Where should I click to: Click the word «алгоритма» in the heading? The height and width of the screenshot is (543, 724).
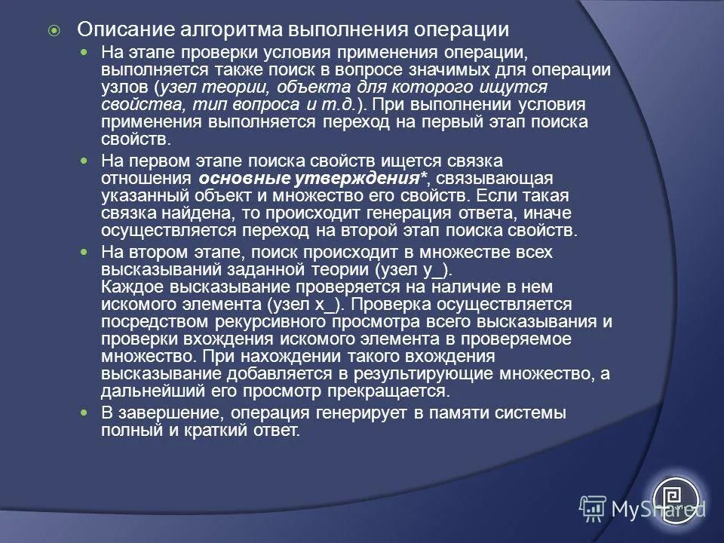231,30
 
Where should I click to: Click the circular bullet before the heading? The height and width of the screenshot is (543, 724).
53,31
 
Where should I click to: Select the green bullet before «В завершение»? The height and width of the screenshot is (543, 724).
85,413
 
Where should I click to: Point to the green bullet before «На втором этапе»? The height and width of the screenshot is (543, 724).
85,251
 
